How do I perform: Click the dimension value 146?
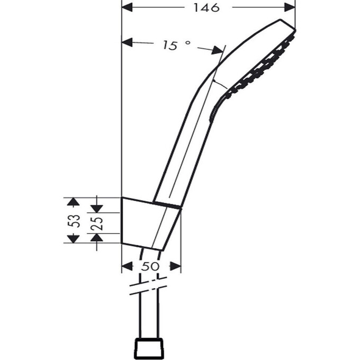tap(206, 7)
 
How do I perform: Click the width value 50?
tap(151, 266)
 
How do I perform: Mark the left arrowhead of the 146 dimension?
tap(127, 7)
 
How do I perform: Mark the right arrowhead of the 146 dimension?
tap(290, 7)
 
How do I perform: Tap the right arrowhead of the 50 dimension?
tap(176, 266)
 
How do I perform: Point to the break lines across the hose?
tap(150, 286)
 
